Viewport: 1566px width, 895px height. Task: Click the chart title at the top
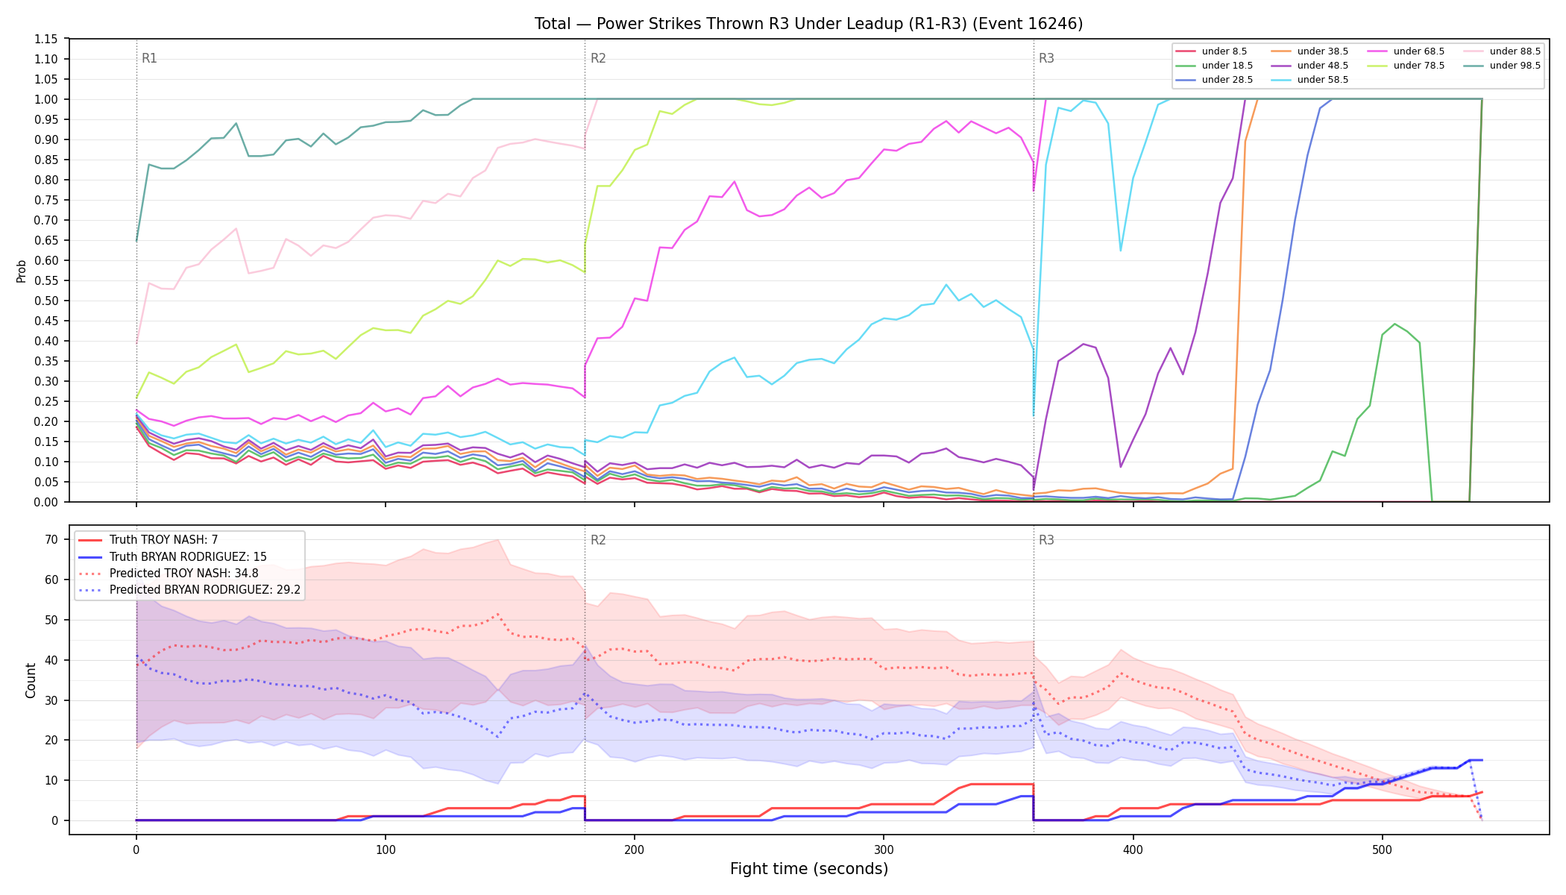click(808, 24)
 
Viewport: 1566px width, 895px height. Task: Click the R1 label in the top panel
click(149, 58)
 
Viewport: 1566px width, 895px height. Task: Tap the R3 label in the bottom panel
click(1046, 540)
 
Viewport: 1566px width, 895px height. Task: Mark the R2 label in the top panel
click(598, 58)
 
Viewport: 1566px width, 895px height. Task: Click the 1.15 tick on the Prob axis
click(47, 39)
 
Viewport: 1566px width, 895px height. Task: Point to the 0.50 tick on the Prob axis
click(47, 301)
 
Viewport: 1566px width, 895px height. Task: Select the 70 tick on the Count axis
click(51, 539)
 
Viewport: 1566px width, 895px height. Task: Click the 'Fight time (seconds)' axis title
click(809, 869)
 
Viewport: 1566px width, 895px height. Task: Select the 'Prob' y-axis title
click(22, 271)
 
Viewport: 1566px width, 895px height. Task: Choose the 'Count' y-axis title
click(31, 680)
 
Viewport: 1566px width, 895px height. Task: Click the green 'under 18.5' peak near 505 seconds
click(1394, 324)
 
